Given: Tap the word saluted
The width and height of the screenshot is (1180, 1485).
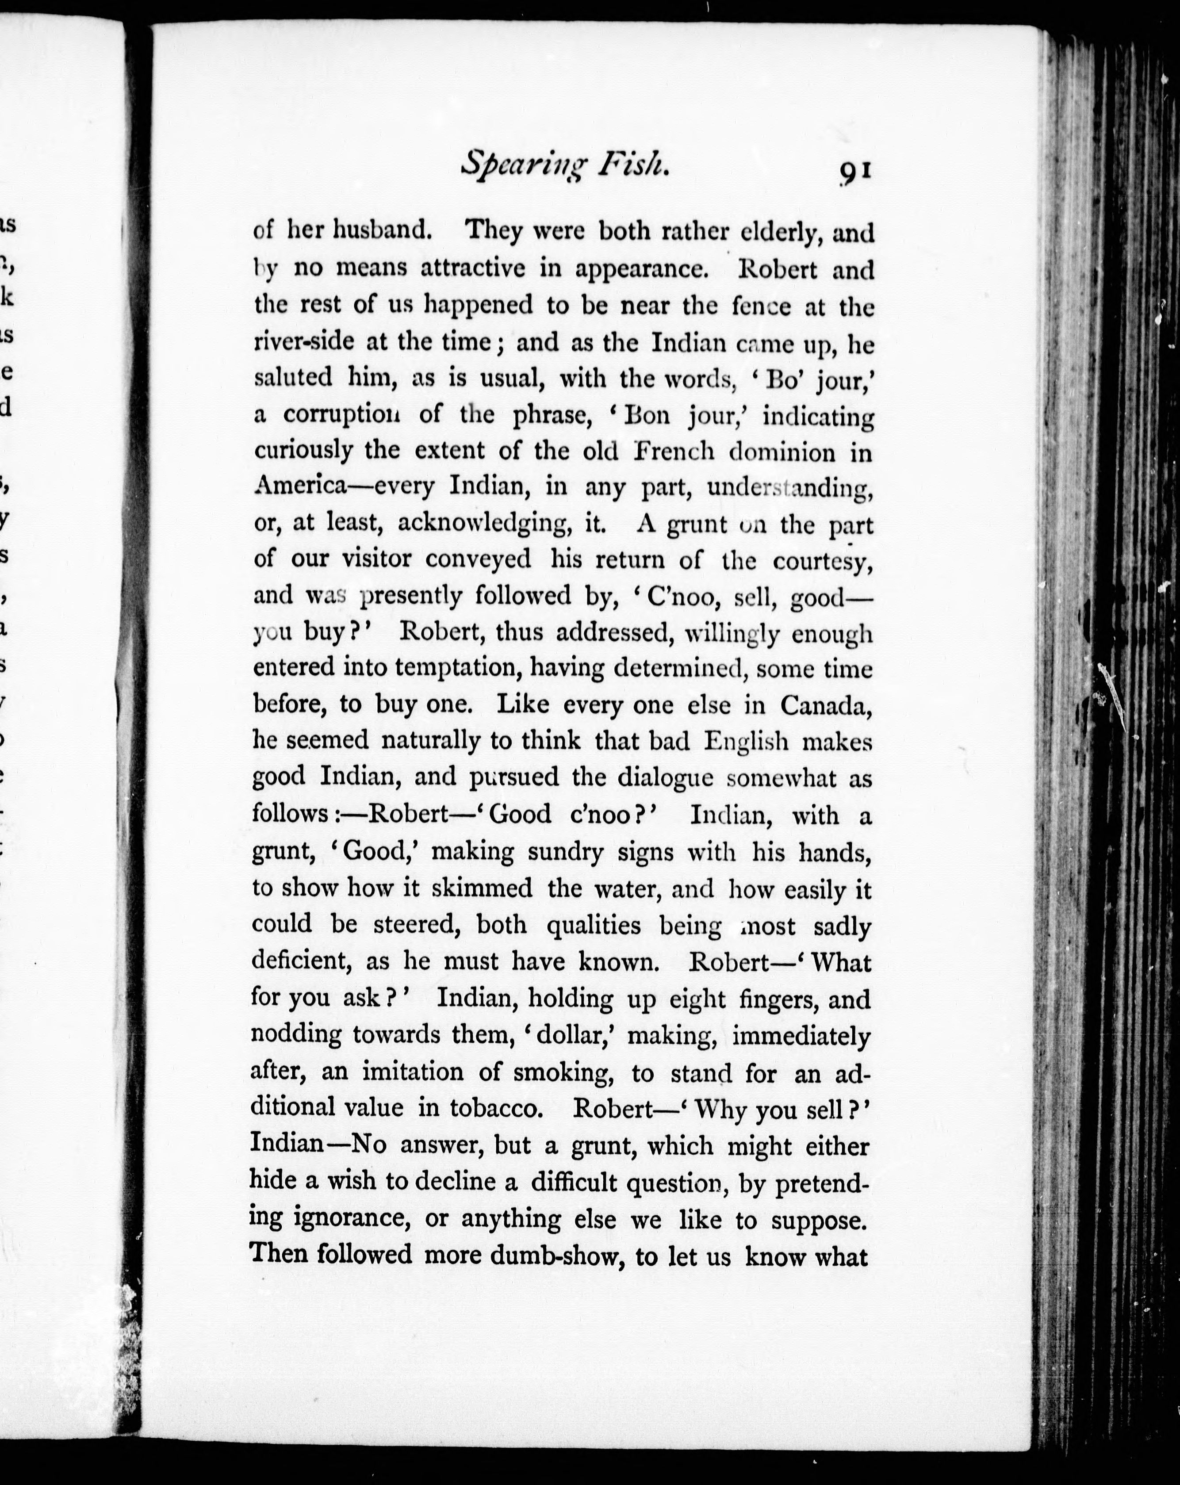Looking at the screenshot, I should tap(293, 377).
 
